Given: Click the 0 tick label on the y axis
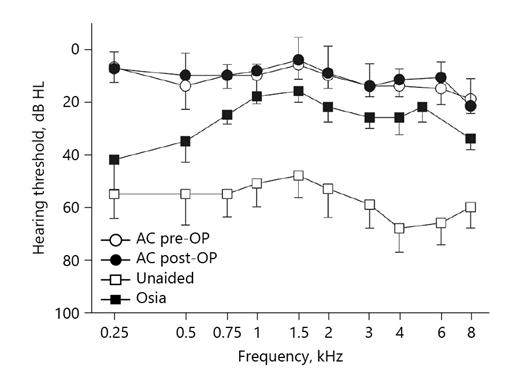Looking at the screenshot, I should point(78,49).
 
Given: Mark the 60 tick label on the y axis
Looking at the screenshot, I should point(75,207).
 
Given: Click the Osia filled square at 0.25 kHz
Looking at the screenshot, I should point(114,160).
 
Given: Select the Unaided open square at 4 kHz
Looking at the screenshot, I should point(400,228).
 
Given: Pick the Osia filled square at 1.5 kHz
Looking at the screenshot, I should point(298,91).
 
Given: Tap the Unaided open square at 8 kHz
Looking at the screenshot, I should point(471,207).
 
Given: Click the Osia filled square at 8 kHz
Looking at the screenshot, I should point(471,139).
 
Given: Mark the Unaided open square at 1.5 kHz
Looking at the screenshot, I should point(298,175).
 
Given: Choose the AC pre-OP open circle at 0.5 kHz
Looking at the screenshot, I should point(185,86).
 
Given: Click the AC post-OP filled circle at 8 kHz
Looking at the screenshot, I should point(471,106).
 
